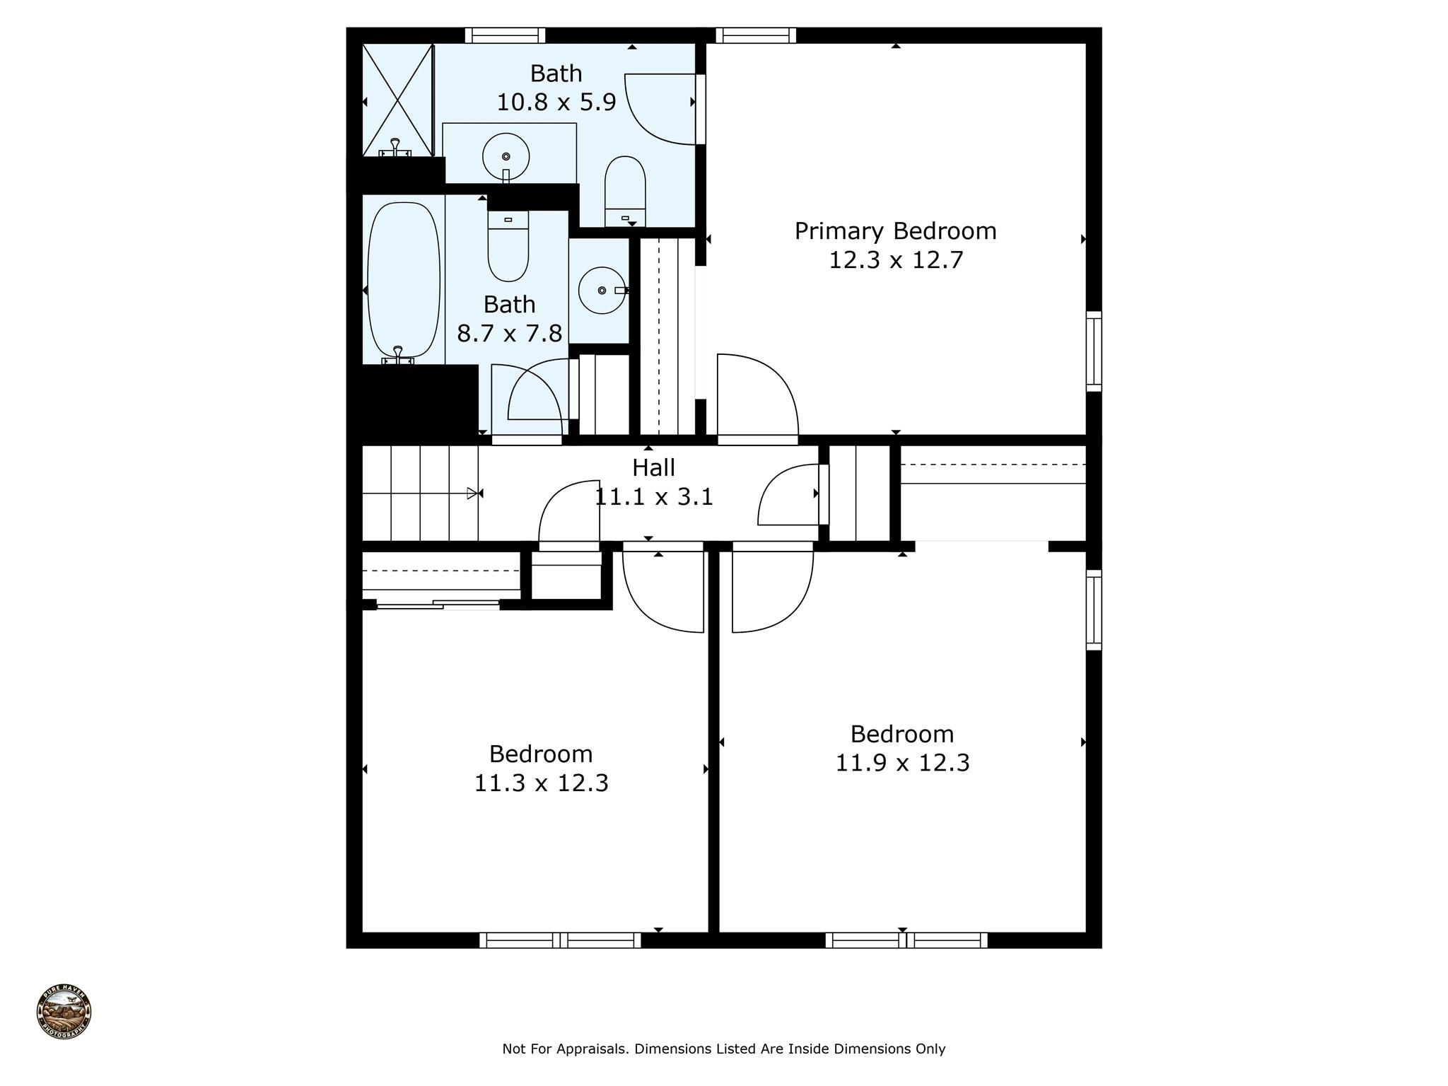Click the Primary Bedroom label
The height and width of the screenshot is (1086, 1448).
coord(895,231)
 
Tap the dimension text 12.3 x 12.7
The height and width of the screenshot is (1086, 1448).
coord(896,260)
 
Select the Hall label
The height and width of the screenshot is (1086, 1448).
coord(653,467)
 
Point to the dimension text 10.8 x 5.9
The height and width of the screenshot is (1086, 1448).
coord(556,102)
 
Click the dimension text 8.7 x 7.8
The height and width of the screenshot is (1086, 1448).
coord(509,333)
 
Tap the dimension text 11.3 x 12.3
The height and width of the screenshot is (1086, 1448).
coord(541,783)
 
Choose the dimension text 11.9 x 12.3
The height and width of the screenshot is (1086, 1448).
coord(902,763)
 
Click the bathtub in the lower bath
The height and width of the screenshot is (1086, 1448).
coord(404,280)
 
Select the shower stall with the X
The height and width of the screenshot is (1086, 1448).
coord(397,100)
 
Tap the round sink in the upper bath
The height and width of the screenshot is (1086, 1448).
coord(506,156)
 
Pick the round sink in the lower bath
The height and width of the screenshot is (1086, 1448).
coord(602,290)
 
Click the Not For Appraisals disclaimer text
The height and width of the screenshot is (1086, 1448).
coord(723,1049)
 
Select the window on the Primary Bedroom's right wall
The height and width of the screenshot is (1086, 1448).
coord(1094,351)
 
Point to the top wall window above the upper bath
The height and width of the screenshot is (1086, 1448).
coord(505,35)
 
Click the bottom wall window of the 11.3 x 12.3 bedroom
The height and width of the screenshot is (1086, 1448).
coord(560,940)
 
